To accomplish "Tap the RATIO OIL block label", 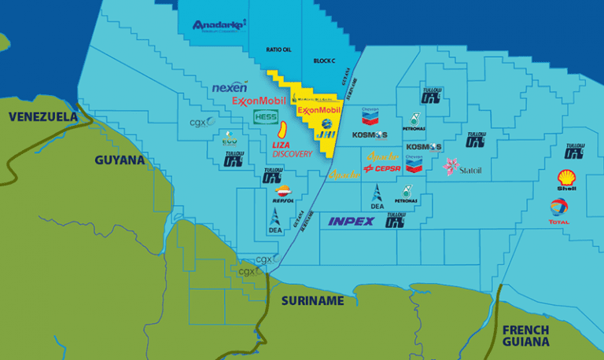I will click(279, 50).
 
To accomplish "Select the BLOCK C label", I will click(324, 60).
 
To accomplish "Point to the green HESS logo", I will click(265, 116).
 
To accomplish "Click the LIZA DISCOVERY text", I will click(292, 149).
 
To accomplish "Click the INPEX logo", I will click(352, 222).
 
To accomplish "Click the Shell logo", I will click(566, 181).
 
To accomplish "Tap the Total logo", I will click(559, 211).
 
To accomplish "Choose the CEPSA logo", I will click(383, 168).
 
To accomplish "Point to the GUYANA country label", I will click(120, 160).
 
